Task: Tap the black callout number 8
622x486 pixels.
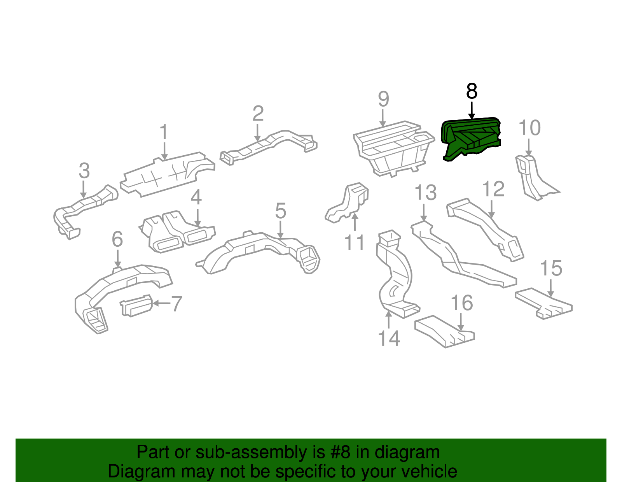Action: click(x=471, y=91)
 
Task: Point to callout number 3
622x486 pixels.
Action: click(x=84, y=171)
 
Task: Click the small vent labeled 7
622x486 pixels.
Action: click(x=136, y=305)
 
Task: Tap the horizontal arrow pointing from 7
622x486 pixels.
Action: click(x=161, y=303)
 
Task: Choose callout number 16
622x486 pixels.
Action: click(x=462, y=303)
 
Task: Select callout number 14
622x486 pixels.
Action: click(x=389, y=338)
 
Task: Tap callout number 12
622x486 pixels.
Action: click(x=493, y=189)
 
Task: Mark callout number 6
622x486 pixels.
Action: click(x=117, y=239)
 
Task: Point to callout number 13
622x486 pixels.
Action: click(x=425, y=193)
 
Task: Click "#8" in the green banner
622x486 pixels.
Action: click(x=341, y=453)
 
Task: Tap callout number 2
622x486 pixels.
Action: click(x=258, y=114)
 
